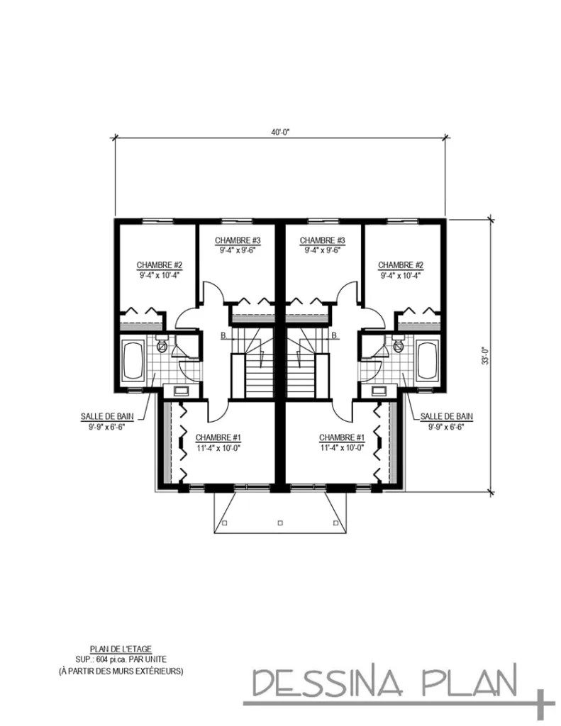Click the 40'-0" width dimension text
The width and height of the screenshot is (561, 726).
click(x=281, y=131)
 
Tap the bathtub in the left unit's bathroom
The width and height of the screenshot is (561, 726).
click(x=133, y=362)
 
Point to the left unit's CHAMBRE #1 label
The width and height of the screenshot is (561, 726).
click(x=218, y=437)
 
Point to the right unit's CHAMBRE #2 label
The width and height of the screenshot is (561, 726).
click(x=401, y=264)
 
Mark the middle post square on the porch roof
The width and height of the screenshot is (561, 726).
click(x=280, y=523)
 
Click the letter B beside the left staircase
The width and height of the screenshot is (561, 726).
click(x=223, y=335)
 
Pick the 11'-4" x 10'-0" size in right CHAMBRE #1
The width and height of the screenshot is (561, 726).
click(x=342, y=447)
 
